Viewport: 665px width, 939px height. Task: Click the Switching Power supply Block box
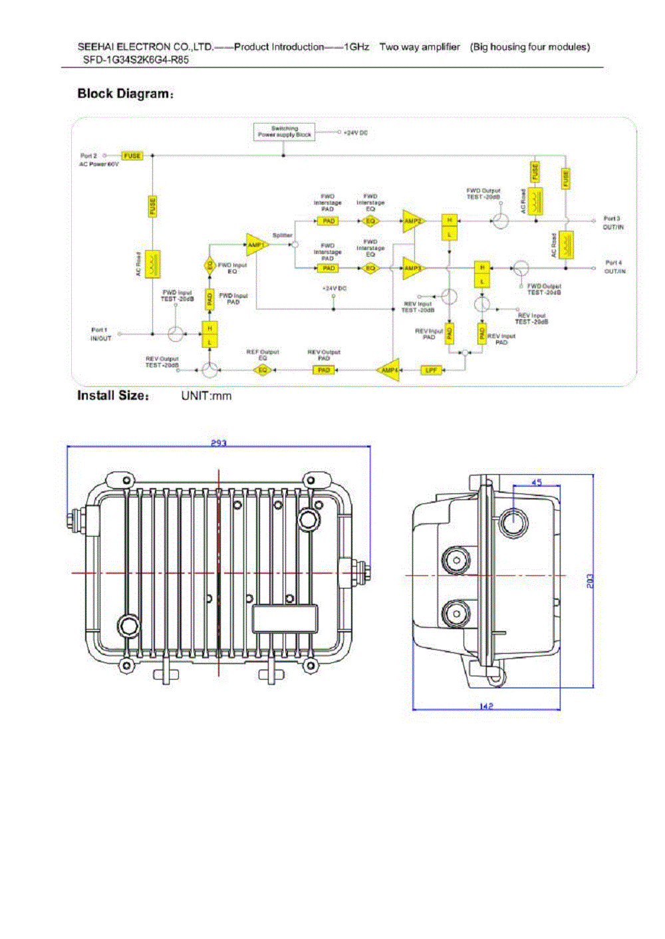pos(284,132)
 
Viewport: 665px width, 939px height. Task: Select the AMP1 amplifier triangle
pos(255,245)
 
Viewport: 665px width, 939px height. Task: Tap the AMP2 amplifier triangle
pos(412,221)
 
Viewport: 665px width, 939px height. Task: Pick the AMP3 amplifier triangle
pos(412,269)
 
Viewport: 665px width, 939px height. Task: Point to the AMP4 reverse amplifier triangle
pos(390,370)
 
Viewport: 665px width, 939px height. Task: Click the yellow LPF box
pos(431,370)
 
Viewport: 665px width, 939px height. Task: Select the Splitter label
pos(283,235)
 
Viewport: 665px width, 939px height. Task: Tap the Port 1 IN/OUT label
pos(101,334)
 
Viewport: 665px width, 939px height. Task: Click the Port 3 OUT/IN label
pos(613,223)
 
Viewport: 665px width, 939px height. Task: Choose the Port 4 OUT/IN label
pos(614,267)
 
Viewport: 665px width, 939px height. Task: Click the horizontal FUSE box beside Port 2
pos(132,156)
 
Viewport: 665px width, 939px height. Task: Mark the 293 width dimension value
pos(219,443)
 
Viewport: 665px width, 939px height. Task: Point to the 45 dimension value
pos(537,482)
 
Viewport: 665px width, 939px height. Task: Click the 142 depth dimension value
pos(486,706)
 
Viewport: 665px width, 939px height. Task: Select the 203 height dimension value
pos(590,581)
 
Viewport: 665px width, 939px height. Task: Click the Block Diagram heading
pos(125,94)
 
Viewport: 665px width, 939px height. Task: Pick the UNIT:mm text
pos(206,396)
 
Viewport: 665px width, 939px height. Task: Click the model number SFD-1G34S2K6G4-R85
pos(136,59)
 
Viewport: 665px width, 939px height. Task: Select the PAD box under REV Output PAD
pos(324,370)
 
